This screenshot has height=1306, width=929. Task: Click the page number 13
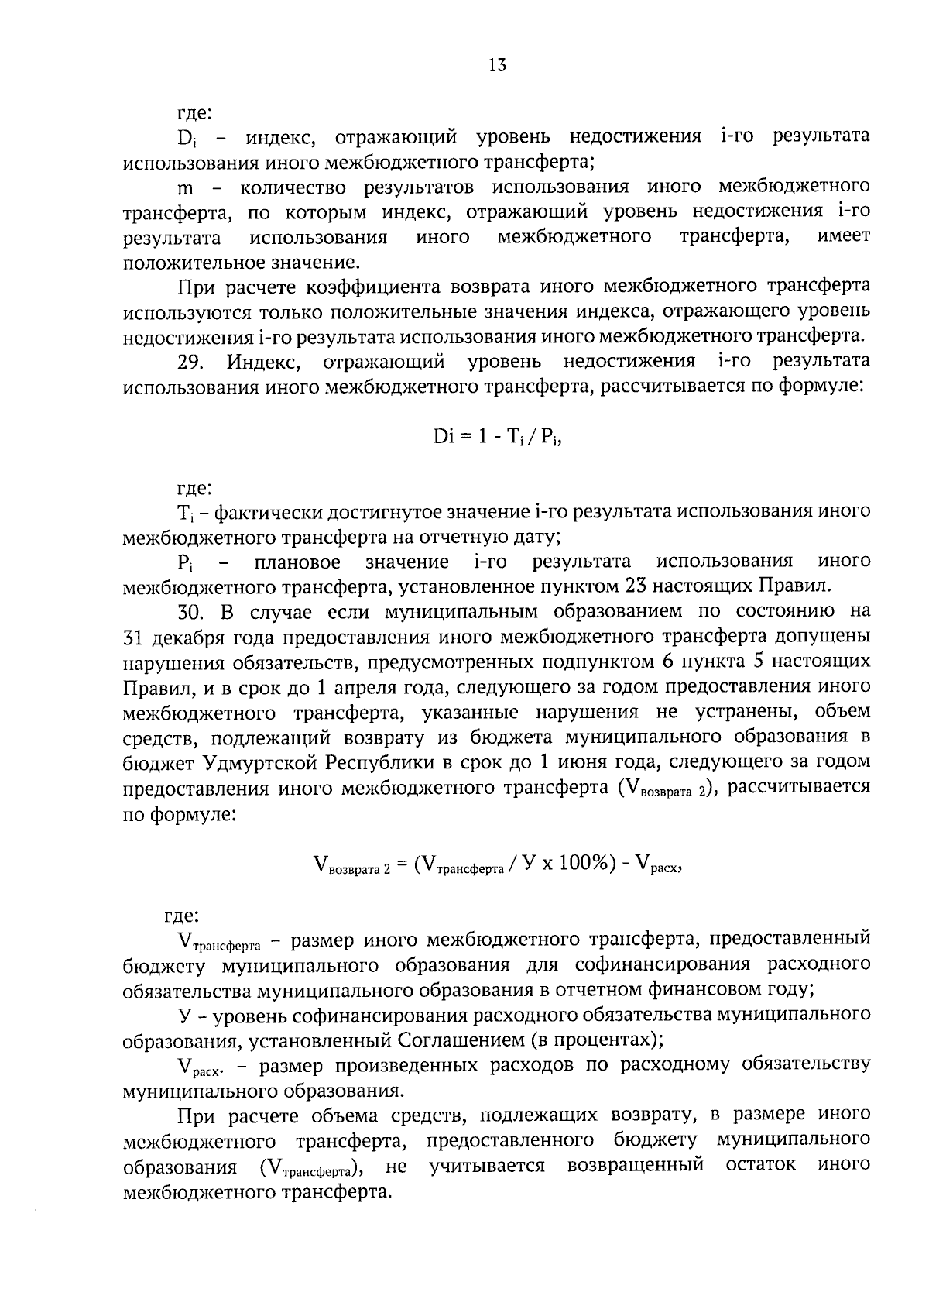point(497,66)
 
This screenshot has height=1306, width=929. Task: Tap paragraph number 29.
point(190,362)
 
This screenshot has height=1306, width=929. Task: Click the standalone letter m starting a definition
point(186,187)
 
